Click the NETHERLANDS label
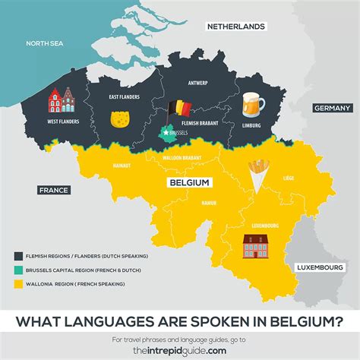(x=237, y=26)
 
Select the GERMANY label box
(x=331, y=109)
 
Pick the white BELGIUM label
(x=190, y=183)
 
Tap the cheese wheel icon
(x=119, y=120)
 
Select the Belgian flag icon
(x=178, y=111)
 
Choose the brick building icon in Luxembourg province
(x=254, y=245)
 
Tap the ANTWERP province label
(x=201, y=83)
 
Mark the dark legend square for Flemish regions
(x=18, y=256)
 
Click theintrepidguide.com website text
(x=180, y=349)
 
